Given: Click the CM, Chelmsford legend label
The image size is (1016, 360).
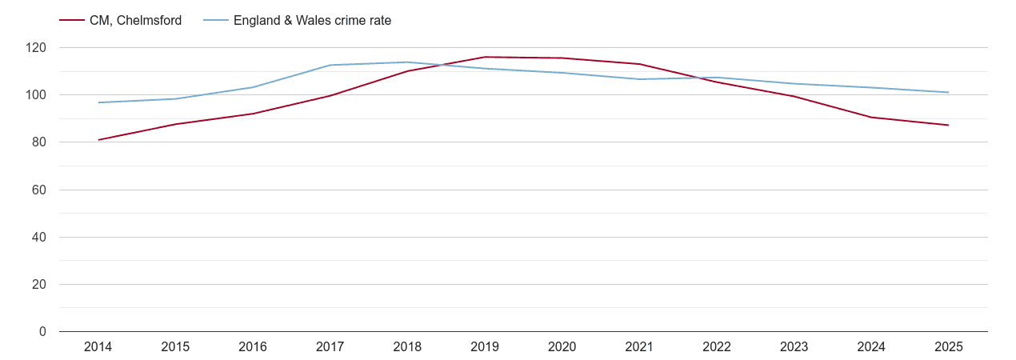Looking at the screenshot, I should pyautogui.click(x=135, y=21).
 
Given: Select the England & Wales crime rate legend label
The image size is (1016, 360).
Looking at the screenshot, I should pyautogui.click(x=312, y=21).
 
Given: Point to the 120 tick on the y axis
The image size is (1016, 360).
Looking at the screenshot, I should pyautogui.click(x=36, y=48).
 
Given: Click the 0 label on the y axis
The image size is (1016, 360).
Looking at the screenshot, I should pyautogui.click(x=42, y=332).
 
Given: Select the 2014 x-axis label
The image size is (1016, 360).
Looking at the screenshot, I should pyautogui.click(x=98, y=347).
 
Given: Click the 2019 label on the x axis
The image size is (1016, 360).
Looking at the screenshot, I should pyautogui.click(x=485, y=347).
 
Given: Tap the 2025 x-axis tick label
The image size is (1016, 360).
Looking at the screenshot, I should pyautogui.click(x=948, y=347).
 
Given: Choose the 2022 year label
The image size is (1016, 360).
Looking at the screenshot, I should pyautogui.click(x=717, y=347).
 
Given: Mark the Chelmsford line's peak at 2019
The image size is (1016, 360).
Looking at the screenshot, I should pyautogui.click(x=485, y=57).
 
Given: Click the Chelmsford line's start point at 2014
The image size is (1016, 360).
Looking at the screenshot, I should pyautogui.click(x=98, y=140).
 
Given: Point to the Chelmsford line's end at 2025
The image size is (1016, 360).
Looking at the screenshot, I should pyautogui.click(x=948, y=125).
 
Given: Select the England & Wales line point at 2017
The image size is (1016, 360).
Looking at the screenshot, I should pyautogui.click(x=330, y=65).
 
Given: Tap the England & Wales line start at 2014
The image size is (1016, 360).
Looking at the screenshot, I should pyautogui.click(x=98, y=102).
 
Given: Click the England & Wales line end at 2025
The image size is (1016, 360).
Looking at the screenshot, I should pyautogui.click(x=948, y=92).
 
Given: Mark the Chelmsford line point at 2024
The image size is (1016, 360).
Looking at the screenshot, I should pyautogui.click(x=871, y=118).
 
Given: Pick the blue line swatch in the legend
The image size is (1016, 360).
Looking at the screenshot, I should pyautogui.click(x=215, y=21).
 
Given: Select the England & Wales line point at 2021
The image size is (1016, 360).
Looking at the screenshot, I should pyautogui.click(x=639, y=79).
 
